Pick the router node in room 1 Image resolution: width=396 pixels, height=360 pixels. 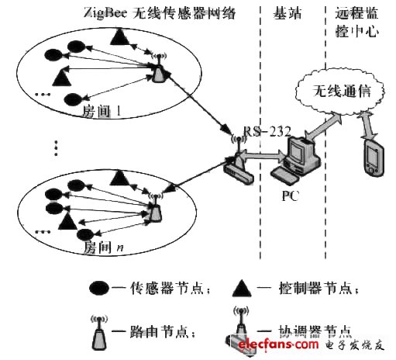tap(158, 70)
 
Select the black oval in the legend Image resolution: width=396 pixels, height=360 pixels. tap(99, 289)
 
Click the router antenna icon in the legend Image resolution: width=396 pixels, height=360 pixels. tap(98, 327)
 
